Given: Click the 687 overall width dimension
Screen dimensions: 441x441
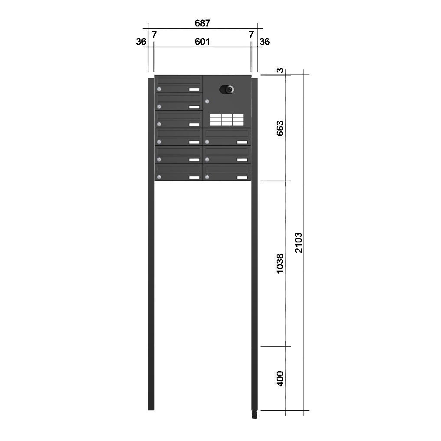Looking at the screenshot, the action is coord(202,23).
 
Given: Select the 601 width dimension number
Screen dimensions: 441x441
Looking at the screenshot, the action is coord(202,42).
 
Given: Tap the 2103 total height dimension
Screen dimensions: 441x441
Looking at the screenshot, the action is coord(298,242).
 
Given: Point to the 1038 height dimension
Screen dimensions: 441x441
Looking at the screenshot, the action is coord(280,263).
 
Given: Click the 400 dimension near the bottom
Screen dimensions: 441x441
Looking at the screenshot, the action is coord(280,378).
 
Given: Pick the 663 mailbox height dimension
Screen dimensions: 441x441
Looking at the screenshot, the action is coord(280,128).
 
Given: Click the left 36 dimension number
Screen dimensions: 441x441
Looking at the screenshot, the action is coord(141,42).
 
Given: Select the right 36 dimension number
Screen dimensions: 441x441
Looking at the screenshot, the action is coord(265,42).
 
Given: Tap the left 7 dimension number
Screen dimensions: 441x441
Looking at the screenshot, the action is coord(154,35).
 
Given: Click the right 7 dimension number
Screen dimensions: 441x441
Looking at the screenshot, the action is coord(251,35).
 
